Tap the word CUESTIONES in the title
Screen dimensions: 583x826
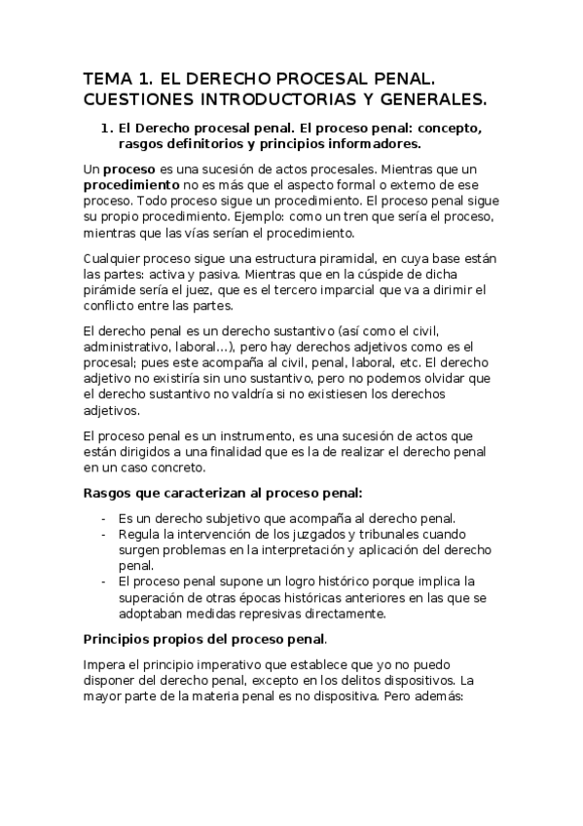point(136,98)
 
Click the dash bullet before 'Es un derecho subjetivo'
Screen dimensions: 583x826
point(104,517)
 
